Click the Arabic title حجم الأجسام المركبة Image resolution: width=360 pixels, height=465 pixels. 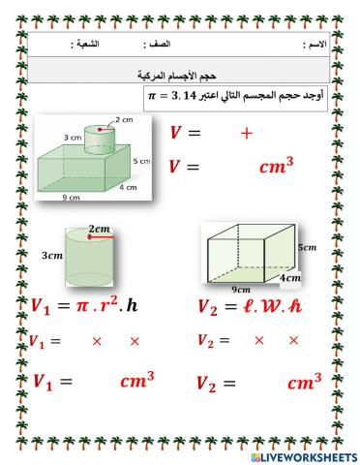pyautogui.click(x=179, y=73)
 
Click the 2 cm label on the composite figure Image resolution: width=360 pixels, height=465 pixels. pyautogui.click(x=123, y=119)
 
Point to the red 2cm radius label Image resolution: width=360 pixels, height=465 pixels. pyautogui.click(x=99, y=230)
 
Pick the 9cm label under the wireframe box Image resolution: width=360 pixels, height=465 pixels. pyautogui.click(x=242, y=289)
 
